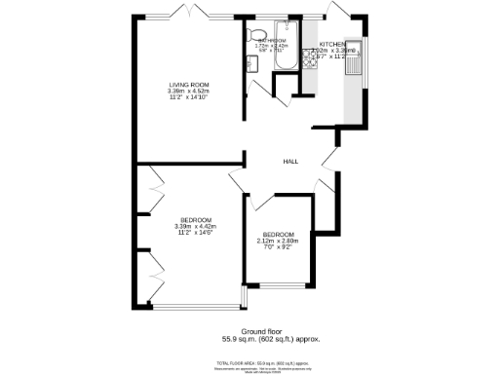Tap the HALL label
coord(290,161)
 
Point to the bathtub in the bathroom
coord(288,46)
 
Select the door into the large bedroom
coord(237,177)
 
